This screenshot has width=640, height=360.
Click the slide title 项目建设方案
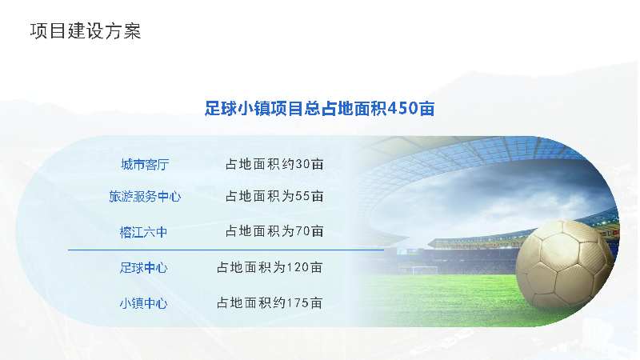coord(86,31)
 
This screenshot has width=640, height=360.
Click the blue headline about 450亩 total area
coord(319,109)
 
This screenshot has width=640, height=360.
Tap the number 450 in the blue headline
coord(402,109)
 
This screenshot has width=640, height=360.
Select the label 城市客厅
coord(145,165)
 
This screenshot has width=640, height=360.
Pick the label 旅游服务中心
coord(145,196)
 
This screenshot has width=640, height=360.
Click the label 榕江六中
coord(144,232)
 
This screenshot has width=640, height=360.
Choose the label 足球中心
coord(144,268)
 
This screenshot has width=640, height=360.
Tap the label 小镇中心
coord(144,303)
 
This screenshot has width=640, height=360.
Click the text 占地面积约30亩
coord(274,164)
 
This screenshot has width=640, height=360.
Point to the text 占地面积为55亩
coord(274,196)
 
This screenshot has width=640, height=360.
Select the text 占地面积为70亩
coord(274,231)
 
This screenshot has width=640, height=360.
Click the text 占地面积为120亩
coord(270,267)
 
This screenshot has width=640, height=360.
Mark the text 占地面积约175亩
coord(270,303)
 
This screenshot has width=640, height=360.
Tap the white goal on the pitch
coord(424,270)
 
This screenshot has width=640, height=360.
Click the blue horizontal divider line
coord(226,250)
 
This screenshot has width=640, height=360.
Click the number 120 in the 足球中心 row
coord(298,268)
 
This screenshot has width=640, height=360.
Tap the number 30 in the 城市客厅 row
coord(302,165)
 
